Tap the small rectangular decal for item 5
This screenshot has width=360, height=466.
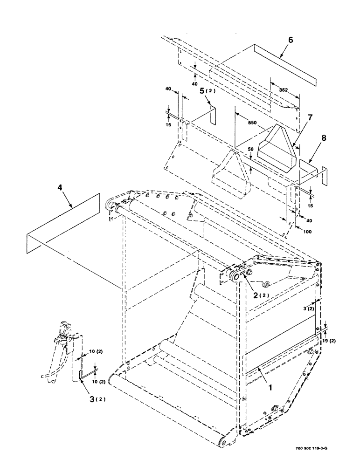(x=213, y=116)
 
